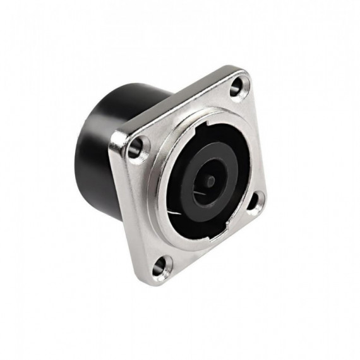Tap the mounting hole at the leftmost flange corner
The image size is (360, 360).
pyautogui.click(x=135, y=150)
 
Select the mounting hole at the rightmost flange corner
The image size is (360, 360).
pyautogui.click(x=254, y=202)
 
